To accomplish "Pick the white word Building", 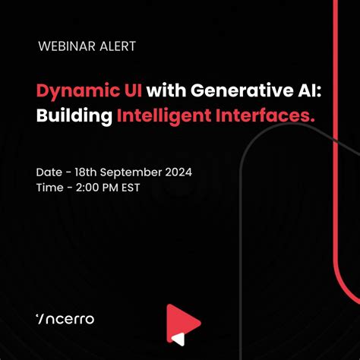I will tap(73, 116).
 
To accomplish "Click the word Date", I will tap(49, 172).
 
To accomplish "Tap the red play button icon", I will tap(183, 320).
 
